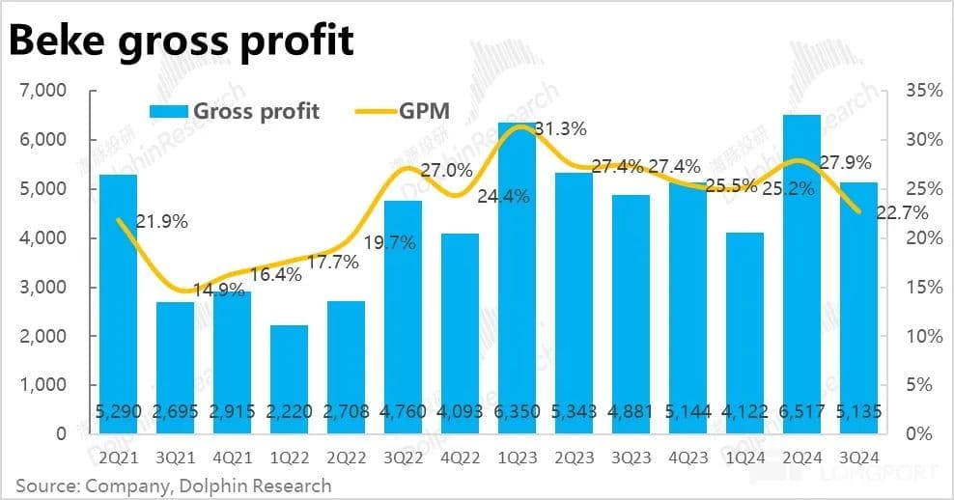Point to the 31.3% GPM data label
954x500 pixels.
tap(558, 128)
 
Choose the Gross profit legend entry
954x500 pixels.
tap(234, 111)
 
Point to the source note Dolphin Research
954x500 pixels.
tap(174, 485)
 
